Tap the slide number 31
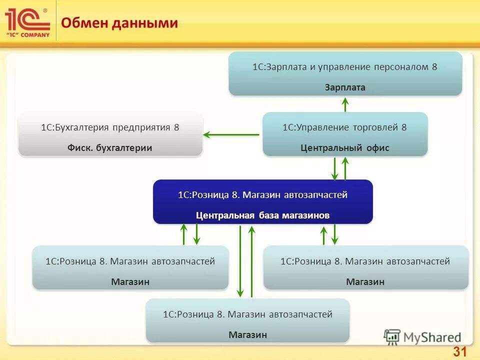click(459, 351)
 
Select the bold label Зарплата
click(345, 87)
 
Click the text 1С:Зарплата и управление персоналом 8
click(345, 67)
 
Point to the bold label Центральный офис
click(345, 148)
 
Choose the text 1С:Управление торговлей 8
click(345, 127)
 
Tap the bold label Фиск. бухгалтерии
click(110, 148)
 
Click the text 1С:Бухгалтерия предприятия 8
click(110, 127)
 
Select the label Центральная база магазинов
click(262, 215)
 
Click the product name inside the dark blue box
click(262, 195)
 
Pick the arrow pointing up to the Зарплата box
click(345, 103)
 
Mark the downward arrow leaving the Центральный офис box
click(335, 168)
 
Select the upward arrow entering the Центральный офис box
click(345, 168)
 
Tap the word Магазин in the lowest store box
click(248, 334)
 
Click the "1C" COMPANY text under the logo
click(28, 34)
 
